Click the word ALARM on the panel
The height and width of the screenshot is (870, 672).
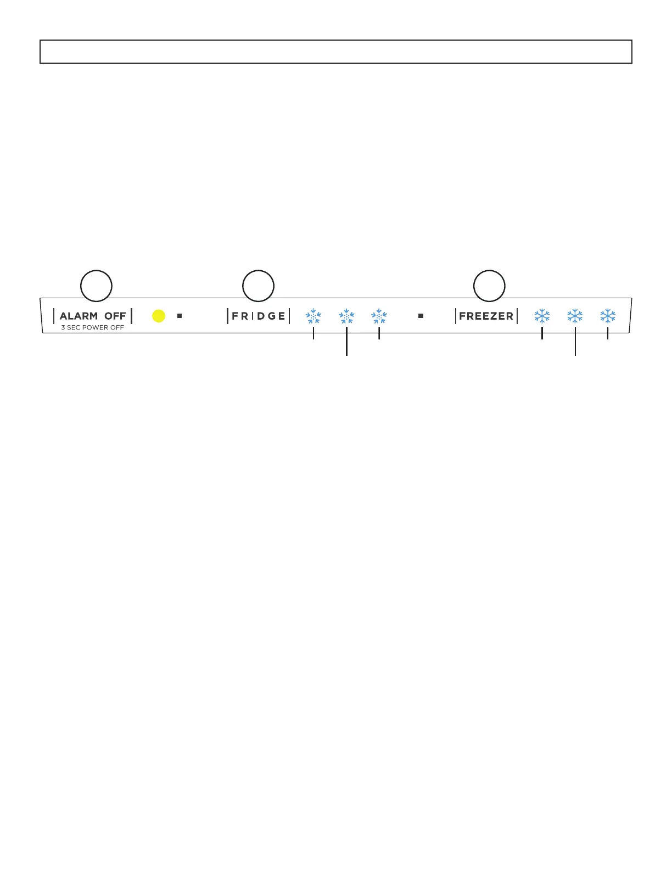pos(79,316)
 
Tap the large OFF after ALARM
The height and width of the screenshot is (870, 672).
pos(115,316)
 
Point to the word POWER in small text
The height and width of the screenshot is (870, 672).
pos(95,328)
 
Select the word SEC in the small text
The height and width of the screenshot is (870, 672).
pos(74,328)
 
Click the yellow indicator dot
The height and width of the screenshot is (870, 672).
pos(159,316)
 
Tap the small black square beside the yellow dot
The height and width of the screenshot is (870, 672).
pos(180,316)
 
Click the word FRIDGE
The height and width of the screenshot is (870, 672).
pos(258,316)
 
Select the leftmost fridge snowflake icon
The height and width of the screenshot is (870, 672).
pos(313,316)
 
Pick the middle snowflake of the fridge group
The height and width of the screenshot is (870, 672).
pos(346,316)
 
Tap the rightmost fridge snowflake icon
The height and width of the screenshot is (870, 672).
pos(379,316)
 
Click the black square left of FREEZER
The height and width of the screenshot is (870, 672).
pos(421,316)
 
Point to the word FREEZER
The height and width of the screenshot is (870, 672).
pos(486,316)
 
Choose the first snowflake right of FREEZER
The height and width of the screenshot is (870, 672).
pos(542,316)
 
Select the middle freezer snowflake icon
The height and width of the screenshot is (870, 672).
pos(575,316)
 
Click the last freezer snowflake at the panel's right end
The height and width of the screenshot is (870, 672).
pos(608,316)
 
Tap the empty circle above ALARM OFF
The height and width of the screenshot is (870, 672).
pos(97,286)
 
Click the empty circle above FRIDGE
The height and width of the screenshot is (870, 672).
pos(259,286)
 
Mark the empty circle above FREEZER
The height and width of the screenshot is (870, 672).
pos(489,286)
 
